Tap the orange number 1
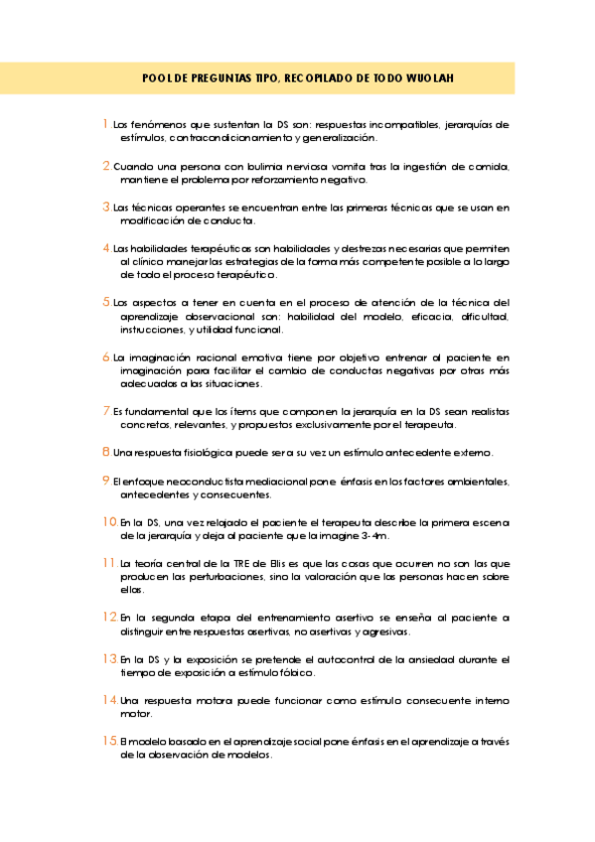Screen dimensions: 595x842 105,125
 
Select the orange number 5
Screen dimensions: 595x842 106,301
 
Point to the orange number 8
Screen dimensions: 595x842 105,452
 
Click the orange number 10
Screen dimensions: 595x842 109,520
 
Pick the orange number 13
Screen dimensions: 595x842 109,658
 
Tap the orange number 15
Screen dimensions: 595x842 109,741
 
